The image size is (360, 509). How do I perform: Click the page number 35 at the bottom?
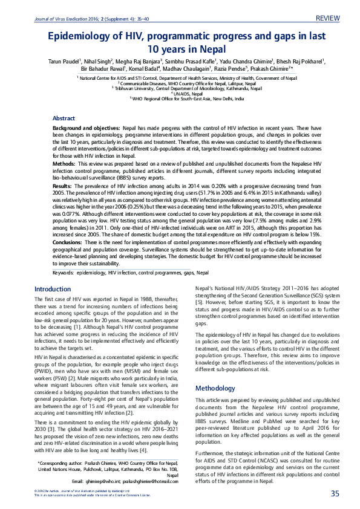click(x=335, y=494)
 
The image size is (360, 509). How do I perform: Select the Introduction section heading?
click(x=53, y=289)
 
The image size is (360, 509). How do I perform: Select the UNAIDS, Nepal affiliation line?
click(x=180, y=93)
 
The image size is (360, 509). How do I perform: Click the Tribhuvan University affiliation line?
click(x=180, y=88)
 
